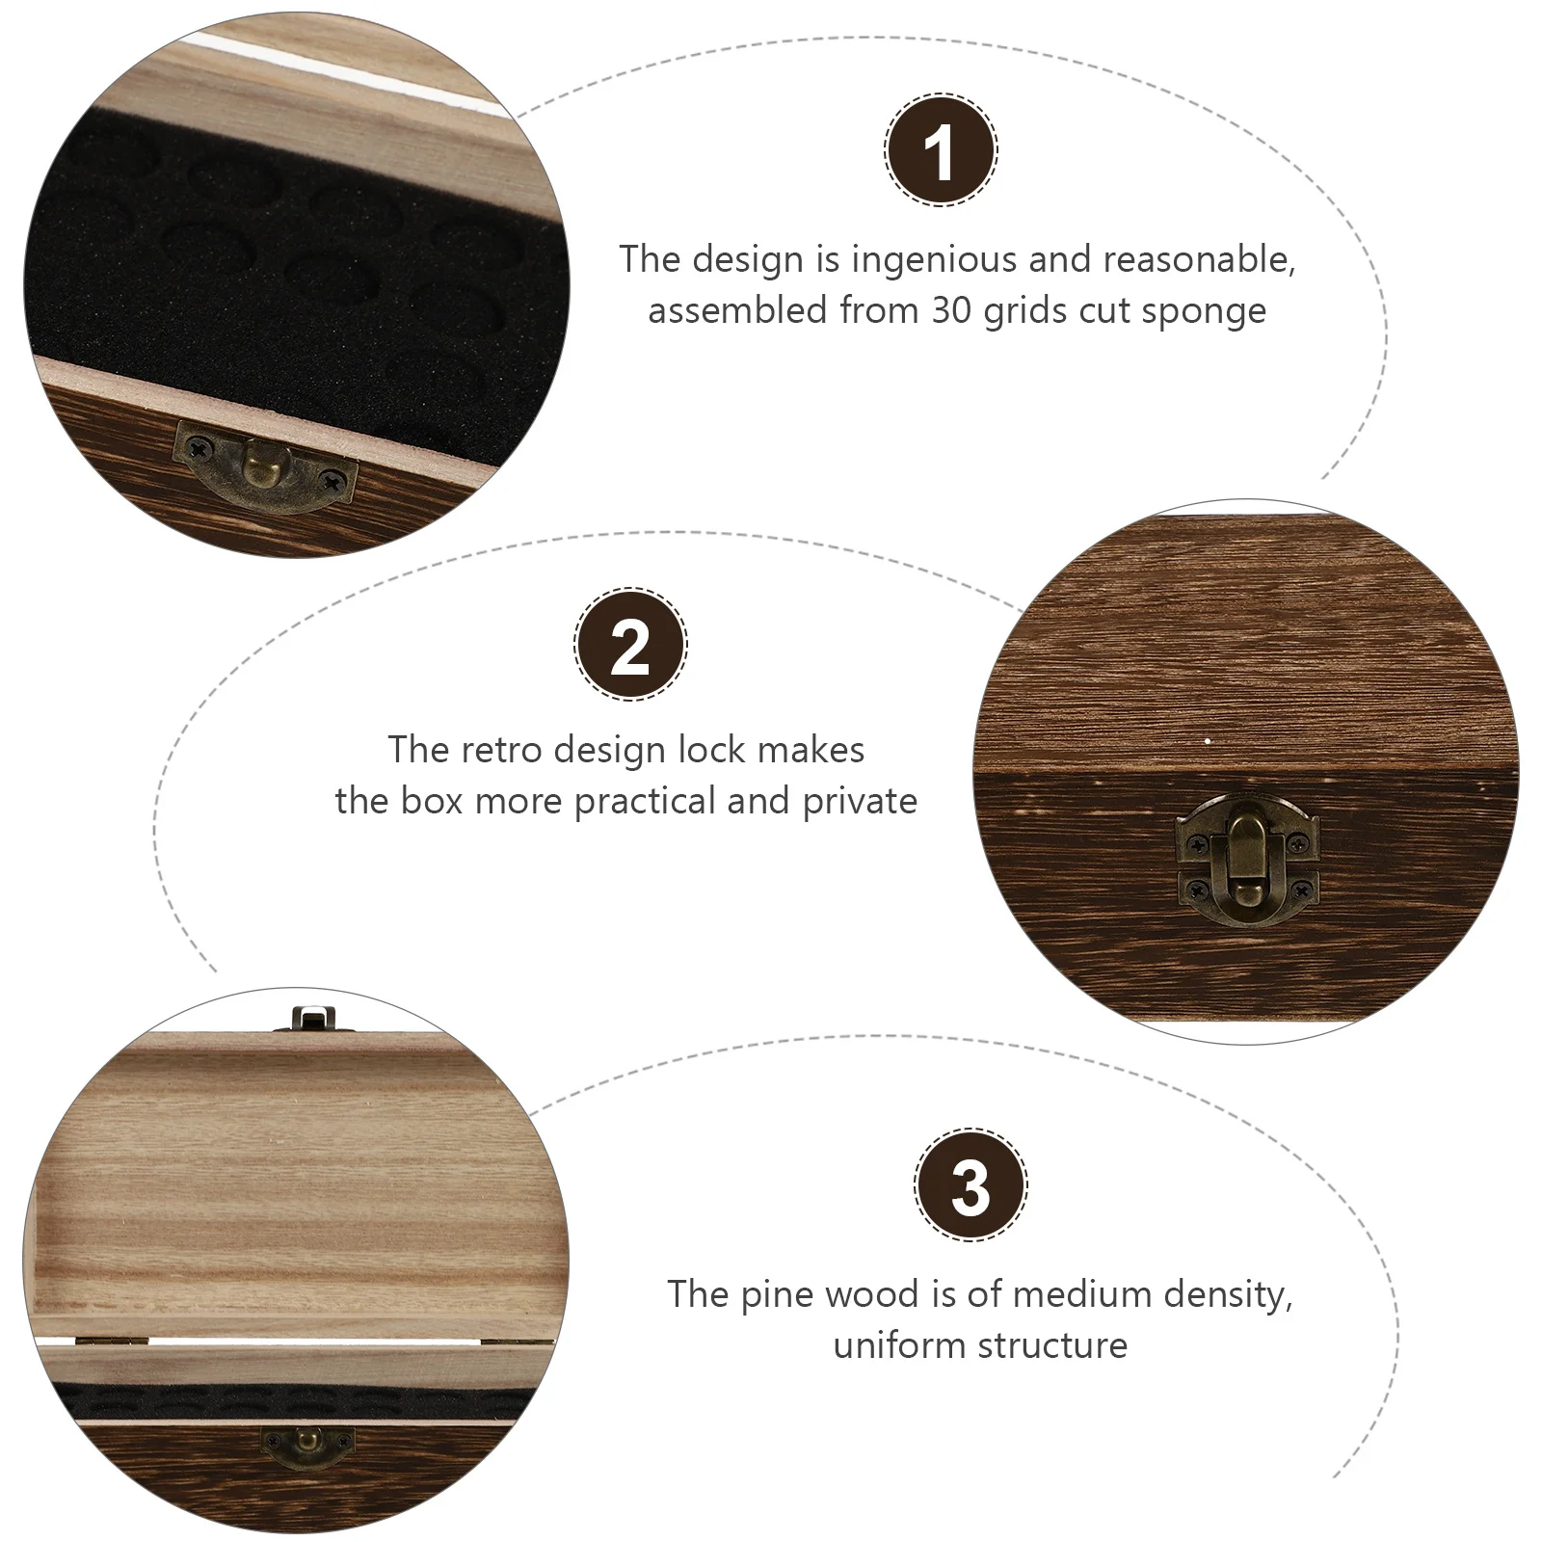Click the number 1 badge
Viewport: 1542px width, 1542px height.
941,150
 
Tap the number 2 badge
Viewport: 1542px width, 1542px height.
630,644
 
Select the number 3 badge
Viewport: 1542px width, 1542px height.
970,1185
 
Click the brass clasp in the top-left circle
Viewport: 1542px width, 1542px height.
264,470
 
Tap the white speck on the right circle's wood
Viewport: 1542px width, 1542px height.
1208,742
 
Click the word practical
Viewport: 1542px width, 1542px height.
645,802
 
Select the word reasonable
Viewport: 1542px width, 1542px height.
1199,261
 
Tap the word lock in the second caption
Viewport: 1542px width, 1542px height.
717,750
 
